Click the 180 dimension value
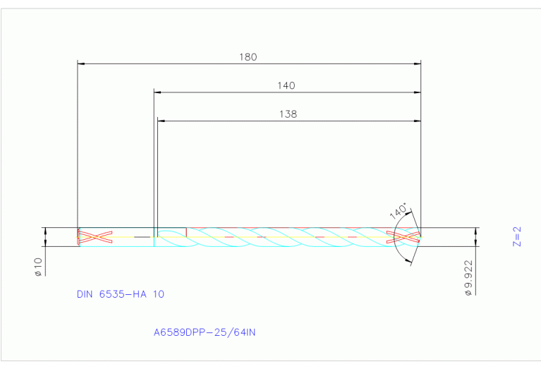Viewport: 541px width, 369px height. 248,56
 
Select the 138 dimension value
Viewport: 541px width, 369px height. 288,114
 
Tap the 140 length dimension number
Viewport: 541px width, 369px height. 286,85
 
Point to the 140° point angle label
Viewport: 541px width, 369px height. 399,211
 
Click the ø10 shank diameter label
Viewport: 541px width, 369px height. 39,267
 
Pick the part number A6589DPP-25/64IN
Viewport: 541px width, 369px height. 204,331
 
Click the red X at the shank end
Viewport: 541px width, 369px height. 95,237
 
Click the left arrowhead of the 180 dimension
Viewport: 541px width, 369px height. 80,63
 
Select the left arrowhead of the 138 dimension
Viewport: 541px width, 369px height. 161,121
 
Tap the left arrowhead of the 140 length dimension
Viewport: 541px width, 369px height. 158,92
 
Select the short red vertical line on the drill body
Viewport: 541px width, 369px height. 186,232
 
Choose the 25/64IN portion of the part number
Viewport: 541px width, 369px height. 232,331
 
